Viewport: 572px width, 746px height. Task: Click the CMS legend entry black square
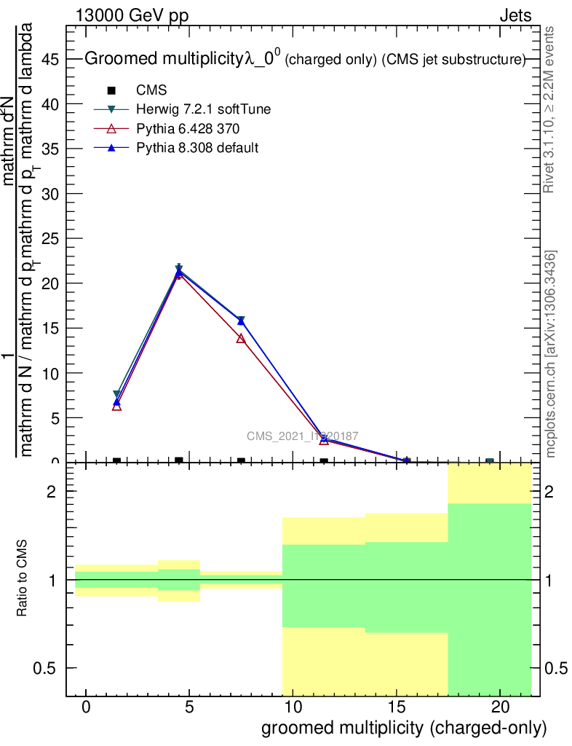pyautogui.click(x=111, y=90)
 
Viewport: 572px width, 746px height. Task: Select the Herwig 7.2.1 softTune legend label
pyautogui.click(x=204, y=109)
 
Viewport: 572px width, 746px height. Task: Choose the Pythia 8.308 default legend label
pyautogui.click(x=197, y=148)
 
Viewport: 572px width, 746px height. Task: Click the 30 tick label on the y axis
pyautogui.click(x=50, y=194)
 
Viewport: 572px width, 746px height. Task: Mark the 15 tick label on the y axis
pyautogui.click(x=50, y=329)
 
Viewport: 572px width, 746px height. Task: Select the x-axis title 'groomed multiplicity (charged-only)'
pyautogui.click(x=403, y=728)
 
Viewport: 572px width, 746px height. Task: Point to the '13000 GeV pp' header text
pyautogui.click(x=131, y=15)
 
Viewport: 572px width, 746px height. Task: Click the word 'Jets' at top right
pyautogui.click(x=515, y=15)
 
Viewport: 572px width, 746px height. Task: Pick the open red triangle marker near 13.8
pyautogui.click(x=241, y=339)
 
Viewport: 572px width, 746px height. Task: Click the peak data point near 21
pyautogui.click(x=179, y=271)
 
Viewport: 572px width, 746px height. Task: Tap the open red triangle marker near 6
pyautogui.click(x=116, y=407)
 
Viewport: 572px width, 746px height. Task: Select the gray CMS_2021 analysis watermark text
pyautogui.click(x=302, y=436)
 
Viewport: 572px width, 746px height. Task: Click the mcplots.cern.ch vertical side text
pyautogui.click(x=551, y=354)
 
